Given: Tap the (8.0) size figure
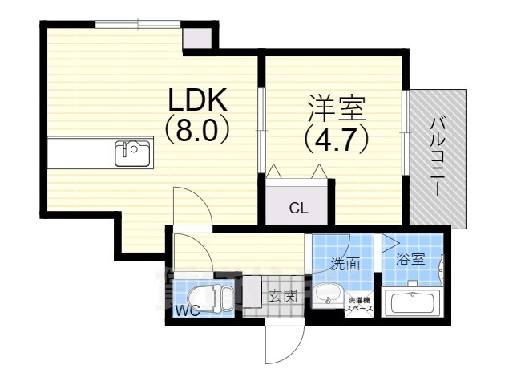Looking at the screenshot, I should point(198,131).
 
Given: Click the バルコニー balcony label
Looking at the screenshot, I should point(438,156).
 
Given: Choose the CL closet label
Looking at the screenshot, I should point(297,209).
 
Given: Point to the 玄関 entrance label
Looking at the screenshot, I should point(281,296).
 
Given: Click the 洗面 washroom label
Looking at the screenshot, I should point(345,263).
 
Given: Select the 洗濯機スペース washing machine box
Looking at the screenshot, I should point(358,302).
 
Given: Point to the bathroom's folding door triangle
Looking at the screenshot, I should point(390,241).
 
